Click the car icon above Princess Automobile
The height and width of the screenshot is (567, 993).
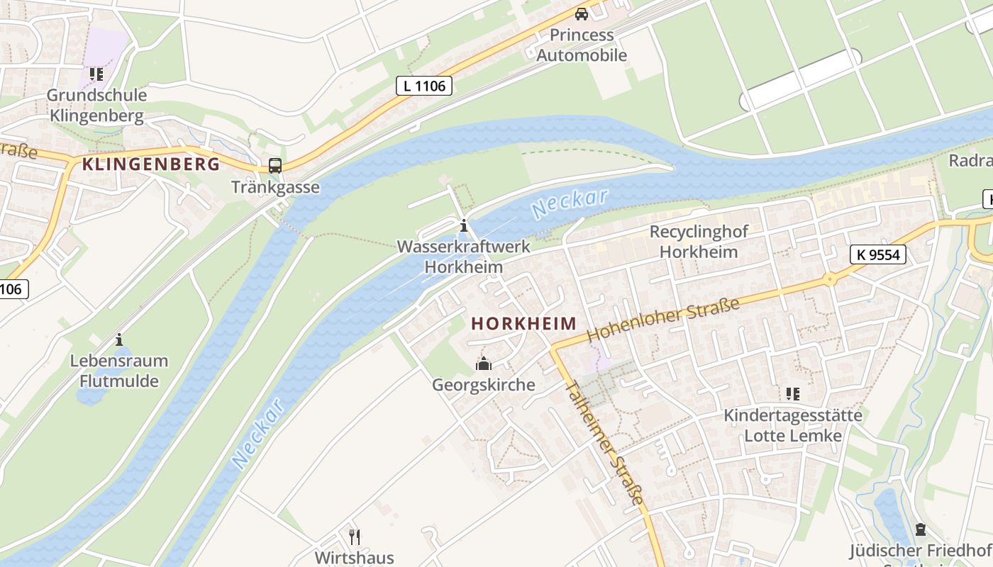pos(582,13)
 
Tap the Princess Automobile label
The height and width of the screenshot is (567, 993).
pos(581,45)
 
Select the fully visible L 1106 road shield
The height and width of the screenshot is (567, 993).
pos(423,86)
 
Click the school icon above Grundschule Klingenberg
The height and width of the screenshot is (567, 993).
pos(96,74)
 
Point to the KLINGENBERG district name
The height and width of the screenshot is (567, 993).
pos(150,164)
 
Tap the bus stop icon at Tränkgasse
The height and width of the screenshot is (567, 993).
pos(274,166)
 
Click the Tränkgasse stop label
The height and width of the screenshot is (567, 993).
pos(275,188)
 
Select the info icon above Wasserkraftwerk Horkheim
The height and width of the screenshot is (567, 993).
pos(464,226)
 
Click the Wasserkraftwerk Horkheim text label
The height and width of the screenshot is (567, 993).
pos(464,257)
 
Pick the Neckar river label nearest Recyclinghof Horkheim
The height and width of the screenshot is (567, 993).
pos(569,203)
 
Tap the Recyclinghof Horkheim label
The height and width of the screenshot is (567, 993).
pos(699,242)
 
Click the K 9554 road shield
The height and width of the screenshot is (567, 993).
pos(878,254)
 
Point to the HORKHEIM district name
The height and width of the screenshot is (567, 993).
pos(524,324)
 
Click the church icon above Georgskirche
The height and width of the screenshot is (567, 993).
pos(484,364)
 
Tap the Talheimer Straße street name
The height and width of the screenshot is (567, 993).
pos(604,444)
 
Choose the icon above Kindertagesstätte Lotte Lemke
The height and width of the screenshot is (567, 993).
pos(792,393)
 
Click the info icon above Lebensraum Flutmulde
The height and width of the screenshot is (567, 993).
pos(118,339)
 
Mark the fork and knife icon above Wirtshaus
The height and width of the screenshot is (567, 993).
pos(355,537)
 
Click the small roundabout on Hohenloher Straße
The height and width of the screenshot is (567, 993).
pos(829,279)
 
